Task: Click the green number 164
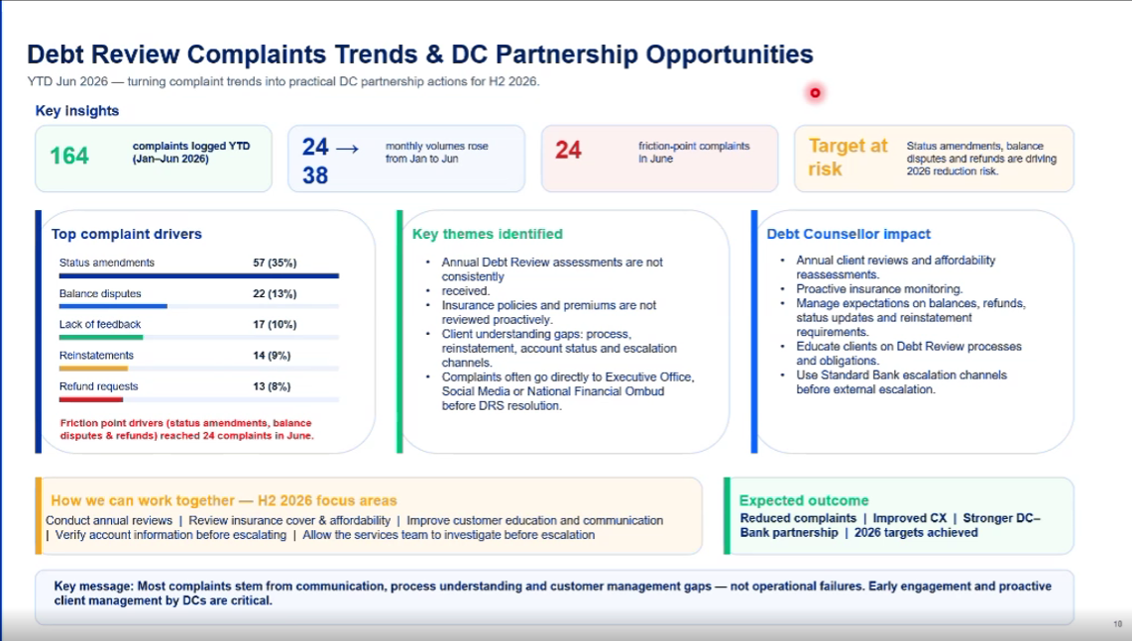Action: point(69,156)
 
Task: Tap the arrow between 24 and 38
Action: point(347,149)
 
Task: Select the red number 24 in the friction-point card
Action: point(568,151)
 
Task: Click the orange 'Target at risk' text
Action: point(849,158)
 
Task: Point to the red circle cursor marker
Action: point(815,92)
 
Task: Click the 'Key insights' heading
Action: point(77,110)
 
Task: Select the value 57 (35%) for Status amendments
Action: point(275,263)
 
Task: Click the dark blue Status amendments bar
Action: point(199,275)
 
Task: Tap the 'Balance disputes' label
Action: point(100,294)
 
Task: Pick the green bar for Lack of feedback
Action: point(101,337)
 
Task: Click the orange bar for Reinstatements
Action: point(93,369)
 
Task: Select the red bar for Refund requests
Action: point(91,399)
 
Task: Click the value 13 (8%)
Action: point(272,386)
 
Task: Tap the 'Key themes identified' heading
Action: point(488,234)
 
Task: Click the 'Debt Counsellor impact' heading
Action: point(849,234)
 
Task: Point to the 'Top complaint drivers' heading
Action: point(126,234)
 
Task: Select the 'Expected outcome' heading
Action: point(804,500)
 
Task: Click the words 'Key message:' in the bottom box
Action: point(94,587)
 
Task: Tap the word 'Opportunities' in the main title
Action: point(730,54)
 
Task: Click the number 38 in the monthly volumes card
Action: point(315,175)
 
